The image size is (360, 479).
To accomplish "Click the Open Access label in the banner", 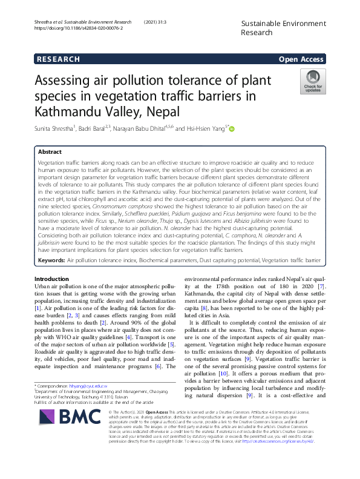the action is (x=301, y=59).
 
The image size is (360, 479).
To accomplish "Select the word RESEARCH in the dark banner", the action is (x=58, y=59).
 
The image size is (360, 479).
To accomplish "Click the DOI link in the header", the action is (x=79, y=28).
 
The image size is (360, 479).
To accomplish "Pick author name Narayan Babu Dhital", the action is (x=146, y=129).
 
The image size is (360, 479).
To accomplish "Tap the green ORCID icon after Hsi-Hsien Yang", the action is (x=232, y=128).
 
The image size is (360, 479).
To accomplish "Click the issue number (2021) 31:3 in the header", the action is (x=156, y=21).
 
